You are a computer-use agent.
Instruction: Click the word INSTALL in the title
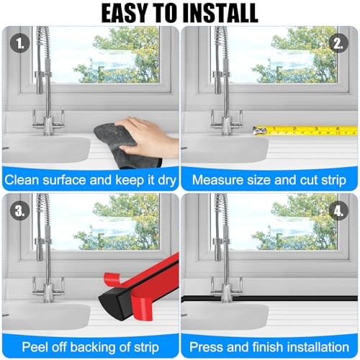pyautogui.click(x=220, y=13)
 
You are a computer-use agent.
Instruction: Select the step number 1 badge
pyautogui.click(x=19, y=43)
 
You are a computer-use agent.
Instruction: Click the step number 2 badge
pyautogui.click(x=338, y=43)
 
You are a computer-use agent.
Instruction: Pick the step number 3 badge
pyautogui.click(x=19, y=211)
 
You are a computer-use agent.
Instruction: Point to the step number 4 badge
pyautogui.click(x=338, y=211)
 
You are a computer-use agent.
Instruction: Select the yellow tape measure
pyautogui.click(x=305, y=130)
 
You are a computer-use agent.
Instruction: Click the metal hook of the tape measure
pyautogui.click(x=260, y=131)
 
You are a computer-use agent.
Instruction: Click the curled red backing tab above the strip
pyautogui.click(x=114, y=279)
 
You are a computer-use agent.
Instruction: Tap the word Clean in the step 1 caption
pyautogui.click(x=22, y=180)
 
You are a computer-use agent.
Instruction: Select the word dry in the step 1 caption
pyautogui.click(x=167, y=181)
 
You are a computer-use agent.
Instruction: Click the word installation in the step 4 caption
pyautogui.click(x=318, y=347)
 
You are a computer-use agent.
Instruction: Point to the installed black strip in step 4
pyautogui.click(x=269, y=299)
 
